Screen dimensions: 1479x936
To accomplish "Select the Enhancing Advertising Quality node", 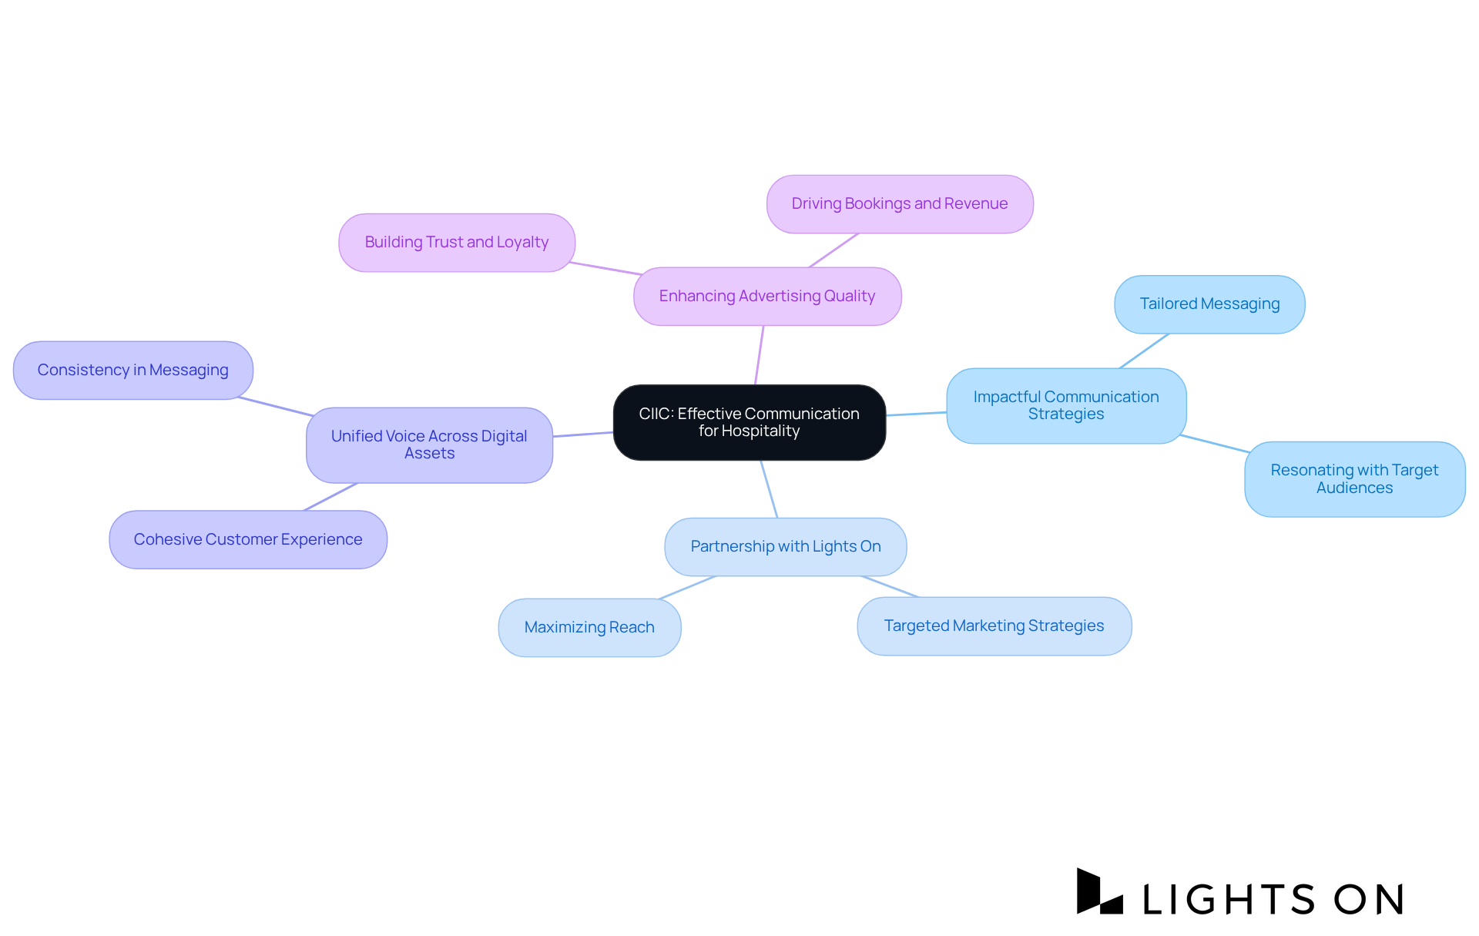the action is point(767,297).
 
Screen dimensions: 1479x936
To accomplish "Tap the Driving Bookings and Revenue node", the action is point(900,204).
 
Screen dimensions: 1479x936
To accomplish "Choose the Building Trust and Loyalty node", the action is point(457,243).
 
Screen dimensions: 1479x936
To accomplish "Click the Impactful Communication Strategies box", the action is point(1066,406).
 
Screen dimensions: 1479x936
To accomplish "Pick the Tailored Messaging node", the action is point(1209,304).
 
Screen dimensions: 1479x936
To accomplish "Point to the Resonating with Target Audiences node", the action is point(1354,479).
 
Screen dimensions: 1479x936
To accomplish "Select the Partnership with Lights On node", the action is point(785,547).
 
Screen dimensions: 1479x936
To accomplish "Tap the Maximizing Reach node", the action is point(589,628).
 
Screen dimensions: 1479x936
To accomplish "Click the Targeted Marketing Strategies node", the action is point(994,626).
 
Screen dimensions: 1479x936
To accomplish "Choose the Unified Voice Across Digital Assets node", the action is point(429,445).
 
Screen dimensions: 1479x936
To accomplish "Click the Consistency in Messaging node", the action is point(132,371).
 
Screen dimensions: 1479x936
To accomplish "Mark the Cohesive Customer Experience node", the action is point(248,540).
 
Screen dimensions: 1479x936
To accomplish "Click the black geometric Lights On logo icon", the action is point(1098,893).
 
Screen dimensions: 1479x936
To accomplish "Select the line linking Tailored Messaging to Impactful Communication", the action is point(1144,351).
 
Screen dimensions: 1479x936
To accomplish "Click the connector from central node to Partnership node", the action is point(769,489).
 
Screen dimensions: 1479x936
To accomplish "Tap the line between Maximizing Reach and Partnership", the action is point(687,588).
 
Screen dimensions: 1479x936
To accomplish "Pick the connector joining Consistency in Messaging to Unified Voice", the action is point(276,407).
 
